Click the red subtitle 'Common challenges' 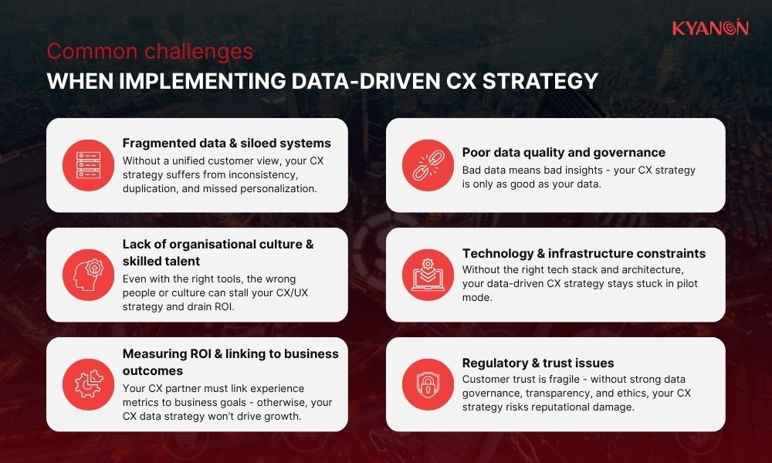[150, 52]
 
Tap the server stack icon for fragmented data [88, 165]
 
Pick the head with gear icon [88, 275]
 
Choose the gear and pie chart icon [88, 384]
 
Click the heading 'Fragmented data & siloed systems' [226, 143]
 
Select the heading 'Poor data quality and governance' [564, 153]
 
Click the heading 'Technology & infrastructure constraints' [584, 253]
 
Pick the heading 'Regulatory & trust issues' [538, 363]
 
